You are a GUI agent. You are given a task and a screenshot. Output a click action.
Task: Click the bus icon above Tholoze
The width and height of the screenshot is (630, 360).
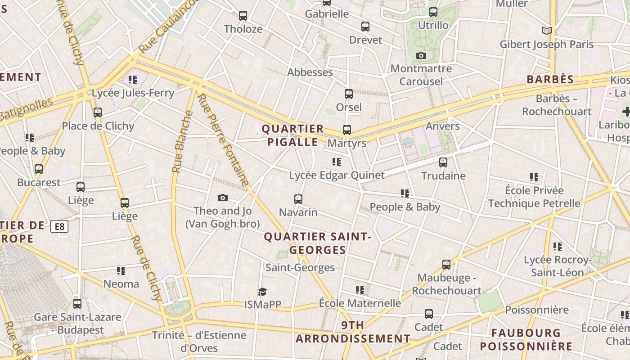(243, 16)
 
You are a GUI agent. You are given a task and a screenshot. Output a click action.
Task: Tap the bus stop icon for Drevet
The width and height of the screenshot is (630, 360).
(365, 27)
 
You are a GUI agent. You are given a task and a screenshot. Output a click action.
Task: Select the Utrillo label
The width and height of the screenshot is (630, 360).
(433, 25)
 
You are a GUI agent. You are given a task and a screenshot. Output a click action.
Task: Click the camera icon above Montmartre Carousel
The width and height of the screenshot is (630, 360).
(421, 56)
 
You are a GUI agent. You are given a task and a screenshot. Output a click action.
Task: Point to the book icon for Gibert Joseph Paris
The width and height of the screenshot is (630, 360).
(547, 31)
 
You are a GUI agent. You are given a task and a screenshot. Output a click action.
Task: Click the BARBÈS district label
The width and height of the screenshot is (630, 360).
(550, 80)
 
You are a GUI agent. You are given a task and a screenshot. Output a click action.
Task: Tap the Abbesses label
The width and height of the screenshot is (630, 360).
(310, 72)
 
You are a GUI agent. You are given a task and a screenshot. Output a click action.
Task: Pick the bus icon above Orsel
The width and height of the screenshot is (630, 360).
(349, 94)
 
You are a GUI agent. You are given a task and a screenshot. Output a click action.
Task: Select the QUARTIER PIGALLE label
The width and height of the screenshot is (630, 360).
(293, 135)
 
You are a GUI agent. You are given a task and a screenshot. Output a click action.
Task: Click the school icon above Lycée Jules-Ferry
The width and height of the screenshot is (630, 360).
(133, 80)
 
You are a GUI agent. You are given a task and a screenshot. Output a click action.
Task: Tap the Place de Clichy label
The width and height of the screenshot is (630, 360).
(98, 126)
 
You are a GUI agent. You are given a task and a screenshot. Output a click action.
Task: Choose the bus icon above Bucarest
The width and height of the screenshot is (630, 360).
(39, 169)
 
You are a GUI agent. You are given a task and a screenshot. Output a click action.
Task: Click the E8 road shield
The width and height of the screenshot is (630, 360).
(60, 226)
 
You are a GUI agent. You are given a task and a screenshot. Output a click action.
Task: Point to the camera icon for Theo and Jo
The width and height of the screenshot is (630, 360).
(222, 198)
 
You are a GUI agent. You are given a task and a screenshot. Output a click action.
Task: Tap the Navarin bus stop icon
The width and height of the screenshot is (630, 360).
(298, 199)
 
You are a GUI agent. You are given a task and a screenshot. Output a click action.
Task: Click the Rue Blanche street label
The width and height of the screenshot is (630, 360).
(182, 141)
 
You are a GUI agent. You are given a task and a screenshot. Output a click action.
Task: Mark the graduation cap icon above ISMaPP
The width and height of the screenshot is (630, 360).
(263, 292)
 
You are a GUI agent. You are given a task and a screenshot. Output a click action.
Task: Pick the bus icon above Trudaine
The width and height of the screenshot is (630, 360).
(443, 162)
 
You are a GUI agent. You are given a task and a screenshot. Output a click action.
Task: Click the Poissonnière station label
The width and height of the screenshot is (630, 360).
(537, 310)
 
